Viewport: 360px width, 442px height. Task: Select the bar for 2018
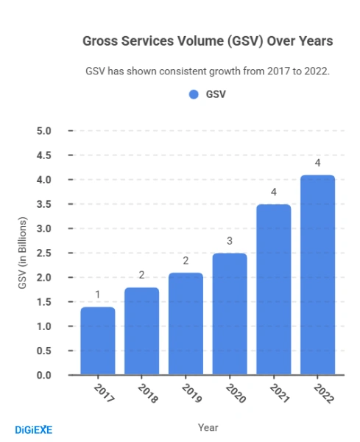coord(141,331)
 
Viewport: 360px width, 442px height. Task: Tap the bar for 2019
coord(186,323)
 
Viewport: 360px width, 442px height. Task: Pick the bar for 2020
coord(230,314)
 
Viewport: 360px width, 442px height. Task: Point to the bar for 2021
coord(274,290)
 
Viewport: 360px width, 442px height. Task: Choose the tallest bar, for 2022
coord(317,275)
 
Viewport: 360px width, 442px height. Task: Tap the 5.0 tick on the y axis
coord(43,131)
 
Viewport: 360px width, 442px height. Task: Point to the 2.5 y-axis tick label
coord(43,253)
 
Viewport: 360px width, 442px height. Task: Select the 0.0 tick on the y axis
coord(43,375)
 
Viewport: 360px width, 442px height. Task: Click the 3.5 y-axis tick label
coord(43,204)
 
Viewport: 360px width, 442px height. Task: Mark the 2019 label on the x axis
coord(191,393)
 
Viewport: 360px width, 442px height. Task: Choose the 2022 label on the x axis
coord(323,393)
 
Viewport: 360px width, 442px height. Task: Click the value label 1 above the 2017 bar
coord(97,295)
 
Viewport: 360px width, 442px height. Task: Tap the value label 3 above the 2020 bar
coord(230,241)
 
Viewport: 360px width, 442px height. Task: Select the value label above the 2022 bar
coord(317,163)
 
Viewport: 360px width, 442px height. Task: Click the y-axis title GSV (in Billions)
coord(22,253)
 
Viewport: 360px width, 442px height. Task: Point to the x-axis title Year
coord(208,427)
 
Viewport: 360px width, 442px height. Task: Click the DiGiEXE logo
coord(34,429)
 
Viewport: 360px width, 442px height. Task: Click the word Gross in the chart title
coord(101,41)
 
